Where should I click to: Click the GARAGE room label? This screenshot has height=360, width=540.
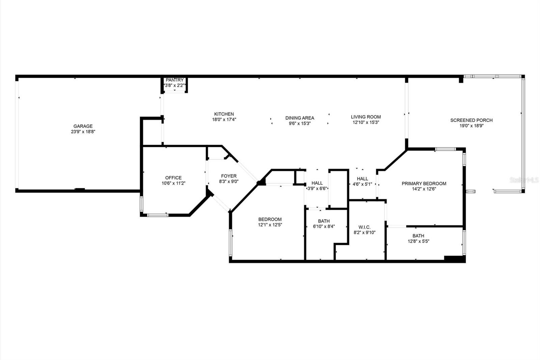coord(83,126)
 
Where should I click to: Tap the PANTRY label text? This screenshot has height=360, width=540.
coord(174,80)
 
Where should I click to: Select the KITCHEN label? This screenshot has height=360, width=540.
coord(224,114)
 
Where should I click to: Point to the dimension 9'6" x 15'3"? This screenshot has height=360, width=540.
coord(299,124)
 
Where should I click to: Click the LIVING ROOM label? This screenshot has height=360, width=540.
coord(366,117)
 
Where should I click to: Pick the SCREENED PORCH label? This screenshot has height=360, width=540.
coord(471,120)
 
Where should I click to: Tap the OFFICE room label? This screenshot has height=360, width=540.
coord(173,178)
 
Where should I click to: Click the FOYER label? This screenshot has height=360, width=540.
coord(228,176)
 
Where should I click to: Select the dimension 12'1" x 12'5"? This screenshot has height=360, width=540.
coord(270,225)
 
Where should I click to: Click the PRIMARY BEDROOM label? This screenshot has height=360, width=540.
coord(424,184)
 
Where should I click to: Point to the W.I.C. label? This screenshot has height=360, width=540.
coord(364,227)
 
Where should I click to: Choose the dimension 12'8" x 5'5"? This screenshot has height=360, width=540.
coord(418,241)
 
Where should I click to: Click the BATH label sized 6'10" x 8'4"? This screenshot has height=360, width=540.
coord(324,221)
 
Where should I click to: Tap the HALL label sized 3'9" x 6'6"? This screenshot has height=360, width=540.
coord(317,183)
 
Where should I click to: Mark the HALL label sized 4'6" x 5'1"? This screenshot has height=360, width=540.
coord(362,179)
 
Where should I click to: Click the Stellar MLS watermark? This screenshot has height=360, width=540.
coord(524,180)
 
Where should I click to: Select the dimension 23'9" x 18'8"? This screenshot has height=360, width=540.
coord(83,132)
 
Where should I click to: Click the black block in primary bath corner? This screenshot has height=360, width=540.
coord(454,259)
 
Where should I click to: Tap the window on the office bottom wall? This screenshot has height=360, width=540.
coord(157,214)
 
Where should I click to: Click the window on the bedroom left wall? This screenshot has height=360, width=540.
coord(231,242)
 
